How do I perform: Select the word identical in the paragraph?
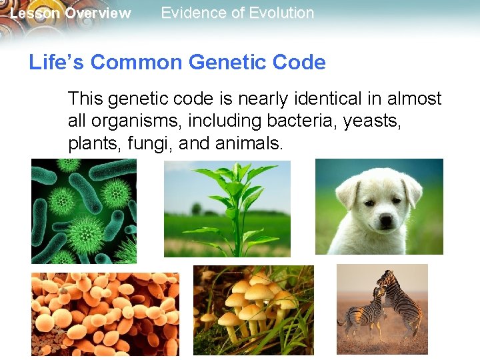(310, 99)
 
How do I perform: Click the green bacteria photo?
(83, 211)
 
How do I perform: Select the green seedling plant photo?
(227, 208)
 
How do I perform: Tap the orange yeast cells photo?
(105, 313)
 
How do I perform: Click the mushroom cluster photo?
(253, 309)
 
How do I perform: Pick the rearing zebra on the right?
(400, 300)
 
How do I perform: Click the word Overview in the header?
(98, 13)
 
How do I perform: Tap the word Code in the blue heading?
(305, 63)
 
